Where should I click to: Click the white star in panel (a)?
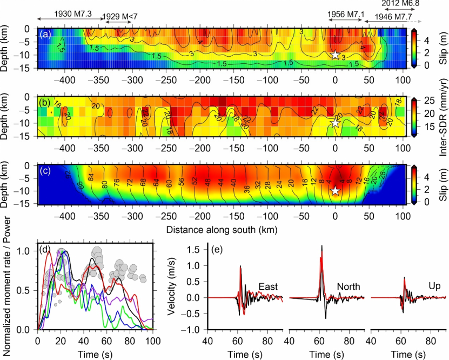pos(335,55)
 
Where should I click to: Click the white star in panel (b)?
pos(335,123)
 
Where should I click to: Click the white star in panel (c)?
pos(335,190)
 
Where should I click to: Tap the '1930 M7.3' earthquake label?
pos(73,12)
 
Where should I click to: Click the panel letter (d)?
pos(45,251)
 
